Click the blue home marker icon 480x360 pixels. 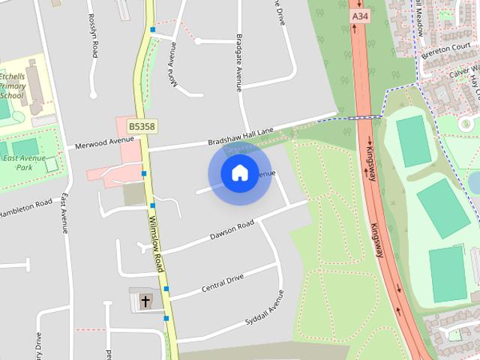239,173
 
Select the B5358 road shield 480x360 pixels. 141,127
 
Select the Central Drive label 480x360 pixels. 223,283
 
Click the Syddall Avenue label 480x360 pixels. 265,307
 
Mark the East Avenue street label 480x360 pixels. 64,214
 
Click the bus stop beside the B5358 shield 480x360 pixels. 143,174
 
